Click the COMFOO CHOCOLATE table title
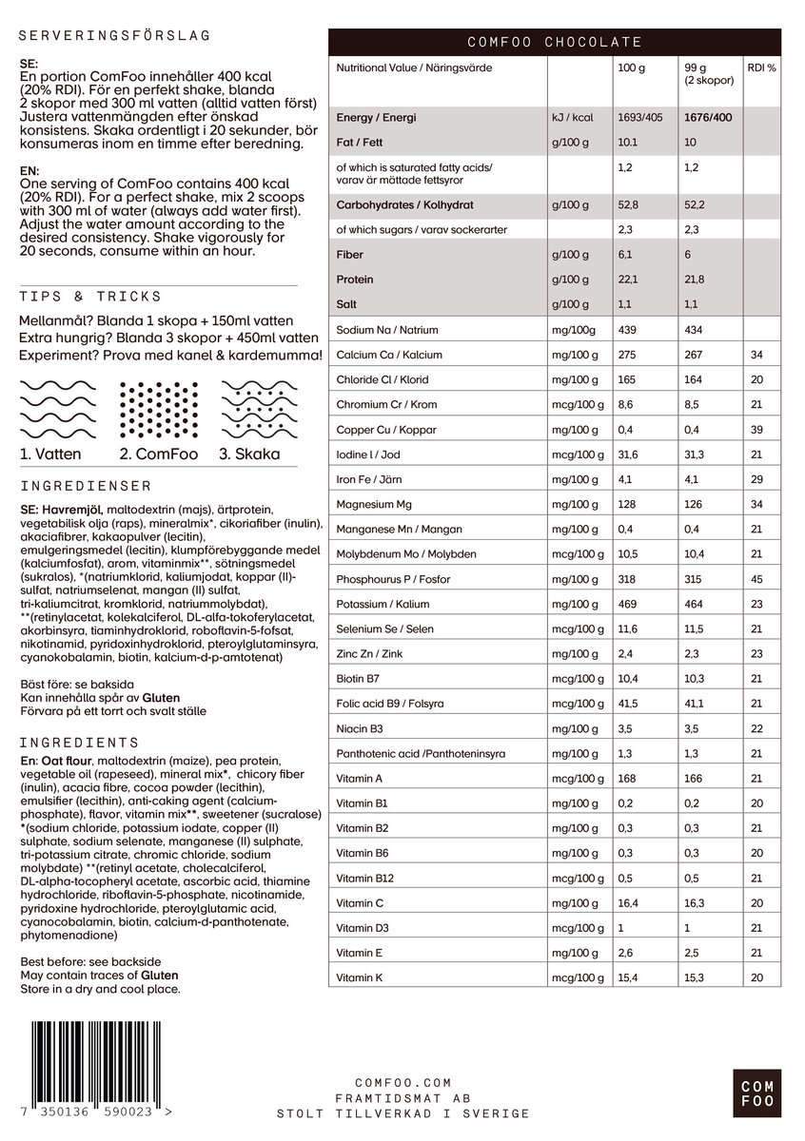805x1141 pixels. click(x=555, y=43)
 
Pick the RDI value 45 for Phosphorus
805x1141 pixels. click(x=757, y=579)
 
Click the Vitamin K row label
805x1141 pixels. click(x=360, y=977)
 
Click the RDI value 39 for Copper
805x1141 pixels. click(x=757, y=430)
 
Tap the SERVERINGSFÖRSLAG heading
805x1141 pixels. click(x=115, y=36)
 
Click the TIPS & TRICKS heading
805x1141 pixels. click(x=91, y=297)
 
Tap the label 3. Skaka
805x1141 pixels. click(x=249, y=454)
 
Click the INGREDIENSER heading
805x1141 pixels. click(x=86, y=485)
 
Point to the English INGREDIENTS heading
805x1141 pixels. click(x=80, y=743)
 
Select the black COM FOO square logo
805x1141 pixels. click(x=757, y=1093)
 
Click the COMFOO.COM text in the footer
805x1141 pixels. click(x=403, y=1083)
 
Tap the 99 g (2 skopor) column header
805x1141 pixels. click(x=709, y=74)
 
